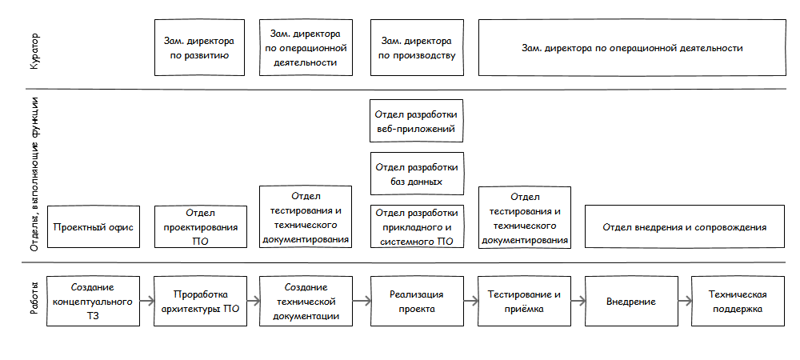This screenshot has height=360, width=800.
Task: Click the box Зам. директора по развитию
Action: [199, 48]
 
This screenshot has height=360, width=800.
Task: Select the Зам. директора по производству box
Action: [417, 48]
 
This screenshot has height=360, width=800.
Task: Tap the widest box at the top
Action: [632, 48]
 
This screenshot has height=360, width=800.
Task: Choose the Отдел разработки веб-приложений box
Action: [417, 121]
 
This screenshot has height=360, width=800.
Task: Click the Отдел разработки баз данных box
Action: [417, 174]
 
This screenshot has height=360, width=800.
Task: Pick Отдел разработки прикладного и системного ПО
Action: [417, 226]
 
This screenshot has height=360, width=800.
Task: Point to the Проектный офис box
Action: [93, 227]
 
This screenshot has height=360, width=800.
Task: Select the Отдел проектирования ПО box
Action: [199, 227]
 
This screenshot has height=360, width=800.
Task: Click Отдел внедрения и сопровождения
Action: [685, 227]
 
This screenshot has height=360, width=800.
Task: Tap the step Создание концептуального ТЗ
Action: [93, 302]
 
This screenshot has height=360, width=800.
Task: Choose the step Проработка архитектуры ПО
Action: [199, 302]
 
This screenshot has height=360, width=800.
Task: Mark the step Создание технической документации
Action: [306, 302]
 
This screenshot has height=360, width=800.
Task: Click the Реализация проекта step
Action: [417, 302]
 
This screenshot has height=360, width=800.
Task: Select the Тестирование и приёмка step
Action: [524, 302]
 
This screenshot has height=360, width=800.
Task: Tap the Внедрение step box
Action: [631, 302]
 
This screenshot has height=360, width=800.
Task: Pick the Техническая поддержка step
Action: [738, 302]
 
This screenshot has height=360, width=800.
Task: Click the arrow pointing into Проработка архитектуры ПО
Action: [146, 302]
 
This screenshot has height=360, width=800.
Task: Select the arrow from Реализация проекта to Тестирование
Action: [470, 302]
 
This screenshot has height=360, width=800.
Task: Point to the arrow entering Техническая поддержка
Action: [685, 302]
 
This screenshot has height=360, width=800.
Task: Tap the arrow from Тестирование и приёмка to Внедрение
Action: [578, 302]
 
